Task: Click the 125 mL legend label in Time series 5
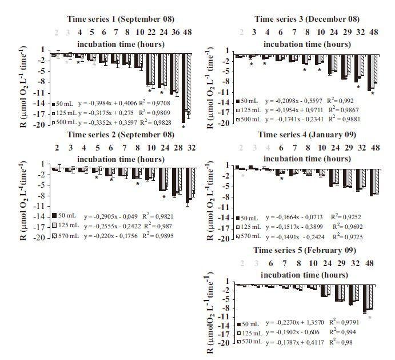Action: pos(252,333)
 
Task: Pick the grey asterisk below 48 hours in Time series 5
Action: pos(370,317)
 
